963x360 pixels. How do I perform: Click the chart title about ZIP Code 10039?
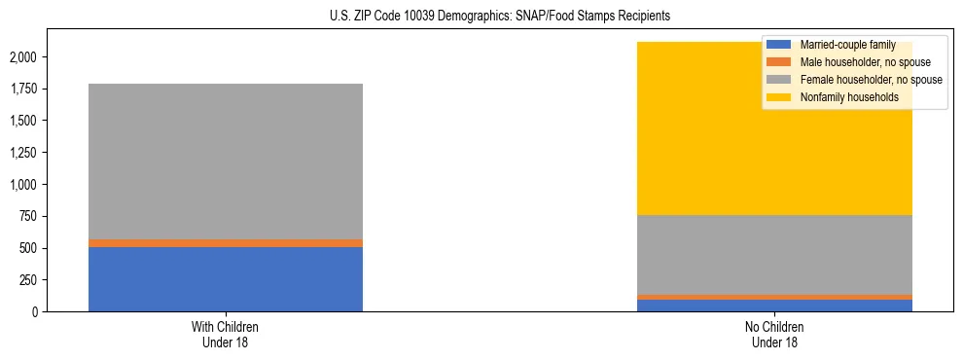[481, 17]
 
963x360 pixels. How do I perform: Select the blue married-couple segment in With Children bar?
[226, 279]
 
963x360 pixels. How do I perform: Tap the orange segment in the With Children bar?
[226, 243]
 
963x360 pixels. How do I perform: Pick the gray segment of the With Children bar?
[226, 162]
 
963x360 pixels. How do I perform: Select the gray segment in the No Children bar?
[775, 255]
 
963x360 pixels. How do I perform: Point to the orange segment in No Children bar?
[775, 297]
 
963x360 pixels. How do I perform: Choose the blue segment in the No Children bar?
[775, 306]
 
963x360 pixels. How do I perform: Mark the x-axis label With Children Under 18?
[226, 335]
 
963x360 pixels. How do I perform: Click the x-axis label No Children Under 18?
[775, 335]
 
